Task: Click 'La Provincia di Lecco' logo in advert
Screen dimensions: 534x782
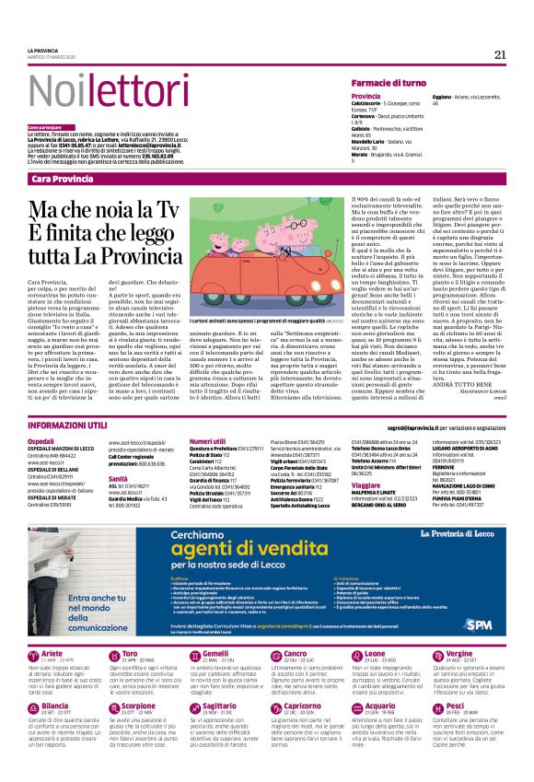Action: (470, 534)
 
